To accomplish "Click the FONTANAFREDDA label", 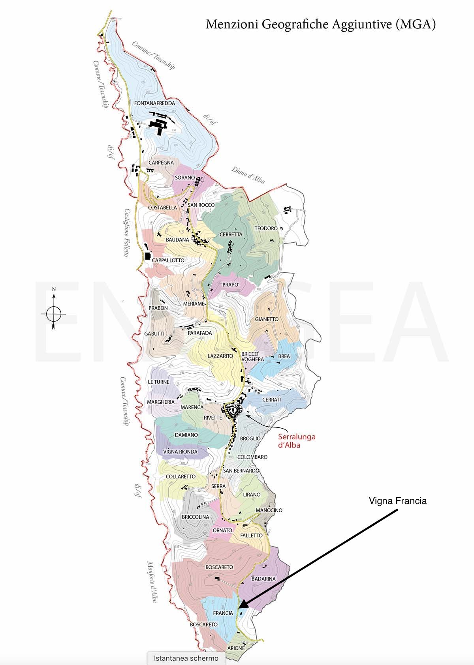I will coord(154,103).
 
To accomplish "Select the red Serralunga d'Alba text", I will coord(297,441).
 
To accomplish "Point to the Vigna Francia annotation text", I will coord(398,501).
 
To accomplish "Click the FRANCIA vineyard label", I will coord(223,613).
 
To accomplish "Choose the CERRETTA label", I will coord(231,234).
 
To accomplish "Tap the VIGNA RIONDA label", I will coord(180,451).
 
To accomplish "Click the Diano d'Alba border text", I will coord(248,175).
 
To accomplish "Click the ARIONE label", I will coord(236,648).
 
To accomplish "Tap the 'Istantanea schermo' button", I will coord(186,658).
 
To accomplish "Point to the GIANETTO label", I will coord(267,319).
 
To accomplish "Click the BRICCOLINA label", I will coord(196,517).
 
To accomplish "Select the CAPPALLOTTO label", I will coord(168,260).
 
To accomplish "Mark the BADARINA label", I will coord(263,579).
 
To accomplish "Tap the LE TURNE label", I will coord(158,382).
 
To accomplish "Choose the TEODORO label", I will coord(266,229).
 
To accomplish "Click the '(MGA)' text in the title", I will coord(415,24).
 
